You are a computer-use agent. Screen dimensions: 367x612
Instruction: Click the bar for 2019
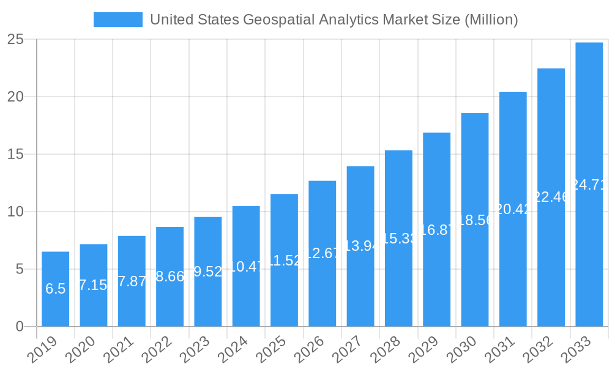coord(55,289)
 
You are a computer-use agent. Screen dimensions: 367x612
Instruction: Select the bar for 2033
coord(589,184)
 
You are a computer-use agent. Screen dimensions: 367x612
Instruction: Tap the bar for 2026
coord(322,253)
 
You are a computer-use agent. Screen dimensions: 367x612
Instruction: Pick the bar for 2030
coord(474,220)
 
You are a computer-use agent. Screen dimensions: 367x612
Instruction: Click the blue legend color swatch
coord(118,20)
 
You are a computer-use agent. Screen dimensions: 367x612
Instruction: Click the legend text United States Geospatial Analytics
coord(334,20)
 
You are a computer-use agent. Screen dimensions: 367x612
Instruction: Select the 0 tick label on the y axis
coord(20,327)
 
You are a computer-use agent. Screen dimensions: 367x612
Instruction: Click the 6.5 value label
coord(55,289)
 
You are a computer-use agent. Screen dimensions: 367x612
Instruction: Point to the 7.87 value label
coord(132,281)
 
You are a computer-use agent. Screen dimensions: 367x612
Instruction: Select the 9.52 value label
coord(207,272)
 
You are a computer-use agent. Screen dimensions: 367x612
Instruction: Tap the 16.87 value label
coord(436,229)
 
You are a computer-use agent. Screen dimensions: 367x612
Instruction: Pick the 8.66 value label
coord(170,276)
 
